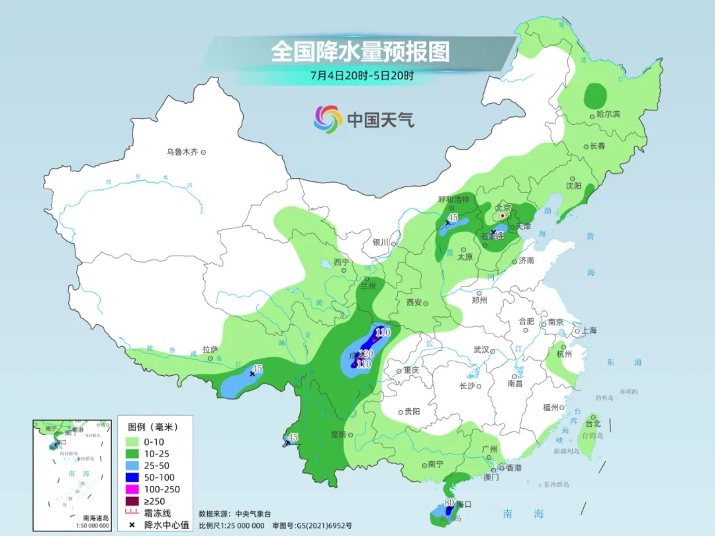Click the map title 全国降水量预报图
pyautogui.click(x=360, y=52)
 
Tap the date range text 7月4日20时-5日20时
pyautogui.click(x=361, y=75)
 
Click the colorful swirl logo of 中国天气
pyautogui.click(x=327, y=119)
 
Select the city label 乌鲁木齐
pyautogui.click(x=182, y=152)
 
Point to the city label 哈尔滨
pyautogui.click(x=608, y=114)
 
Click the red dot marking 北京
pyautogui.click(x=502, y=215)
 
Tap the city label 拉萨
pyautogui.click(x=210, y=349)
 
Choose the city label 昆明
pyautogui.click(x=338, y=435)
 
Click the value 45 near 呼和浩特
pyautogui.click(x=453, y=217)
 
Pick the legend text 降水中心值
pyautogui.click(x=169, y=525)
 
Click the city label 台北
pyautogui.click(x=593, y=424)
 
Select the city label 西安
pyautogui.click(x=414, y=302)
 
